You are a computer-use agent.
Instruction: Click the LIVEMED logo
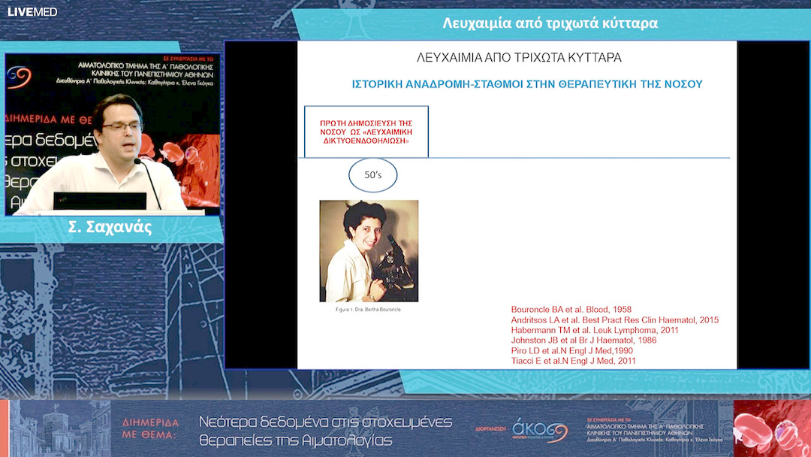(32, 11)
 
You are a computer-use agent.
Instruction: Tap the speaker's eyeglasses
(121, 127)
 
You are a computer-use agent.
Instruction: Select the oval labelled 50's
(373, 175)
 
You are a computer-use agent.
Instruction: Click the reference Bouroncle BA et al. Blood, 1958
(571, 310)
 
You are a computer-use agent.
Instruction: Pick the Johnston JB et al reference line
(583, 340)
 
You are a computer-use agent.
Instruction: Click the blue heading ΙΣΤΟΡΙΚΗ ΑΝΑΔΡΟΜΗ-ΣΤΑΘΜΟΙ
(527, 84)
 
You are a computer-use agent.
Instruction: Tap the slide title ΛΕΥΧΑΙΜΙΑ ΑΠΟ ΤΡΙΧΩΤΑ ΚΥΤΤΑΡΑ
(519, 57)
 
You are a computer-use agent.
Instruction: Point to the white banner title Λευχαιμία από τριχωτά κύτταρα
(550, 23)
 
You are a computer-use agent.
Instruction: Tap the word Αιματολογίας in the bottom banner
(347, 440)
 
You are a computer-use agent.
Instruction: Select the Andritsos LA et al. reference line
(614, 320)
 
